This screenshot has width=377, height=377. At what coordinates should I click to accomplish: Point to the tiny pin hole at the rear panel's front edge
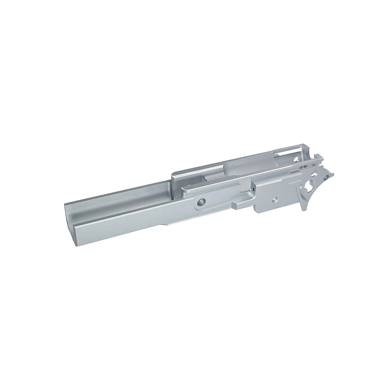pos(254,188)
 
